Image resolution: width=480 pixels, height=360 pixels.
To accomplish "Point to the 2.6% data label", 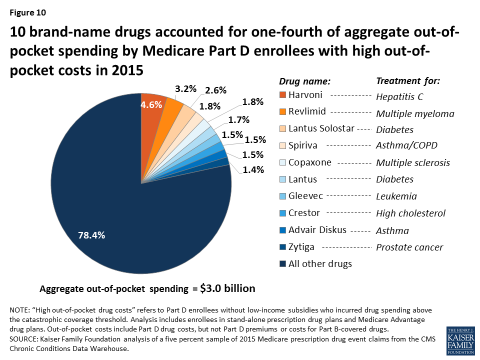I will [x=215, y=90].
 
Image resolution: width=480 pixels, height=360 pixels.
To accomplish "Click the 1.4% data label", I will [x=253, y=169].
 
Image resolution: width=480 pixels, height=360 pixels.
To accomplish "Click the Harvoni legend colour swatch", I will [x=283, y=95].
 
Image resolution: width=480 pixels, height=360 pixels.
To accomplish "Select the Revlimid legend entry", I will [x=305, y=112].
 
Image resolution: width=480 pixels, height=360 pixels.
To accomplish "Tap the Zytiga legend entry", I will [x=301, y=247].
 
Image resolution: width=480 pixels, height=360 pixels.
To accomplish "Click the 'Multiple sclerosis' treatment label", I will [x=413, y=163].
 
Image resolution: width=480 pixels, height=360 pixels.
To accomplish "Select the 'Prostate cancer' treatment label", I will [x=409, y=247].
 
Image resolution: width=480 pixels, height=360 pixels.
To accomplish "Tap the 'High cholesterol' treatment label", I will [x=410, y=213].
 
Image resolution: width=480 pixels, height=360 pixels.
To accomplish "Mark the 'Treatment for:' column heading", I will [x=408, y=80].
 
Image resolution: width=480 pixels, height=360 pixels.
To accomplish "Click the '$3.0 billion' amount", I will [x=227, y=288].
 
